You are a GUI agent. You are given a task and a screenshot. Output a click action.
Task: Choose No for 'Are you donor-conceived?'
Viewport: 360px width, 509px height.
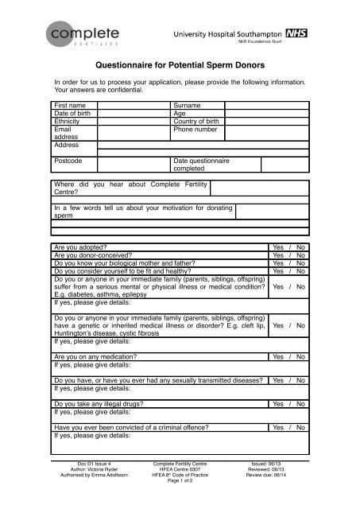(301, 256)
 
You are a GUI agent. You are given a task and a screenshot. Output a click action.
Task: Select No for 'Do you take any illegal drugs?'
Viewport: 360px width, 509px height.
(301, 404)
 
